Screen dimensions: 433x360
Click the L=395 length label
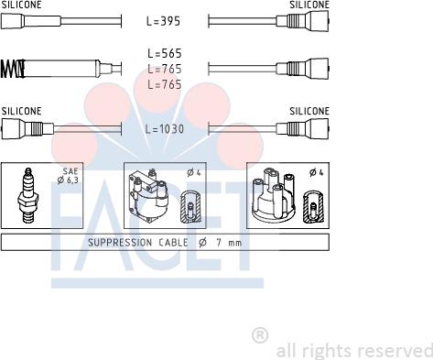click(163, 21)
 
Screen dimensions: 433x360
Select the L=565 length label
click(165, 53)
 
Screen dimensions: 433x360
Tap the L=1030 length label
click(165, 129)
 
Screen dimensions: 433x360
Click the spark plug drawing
click(28, 196)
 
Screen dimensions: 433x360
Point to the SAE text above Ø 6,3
click(70, 171)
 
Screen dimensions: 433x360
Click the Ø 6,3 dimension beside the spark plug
click(68, 180)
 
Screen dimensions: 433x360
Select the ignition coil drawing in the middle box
click(148, 195)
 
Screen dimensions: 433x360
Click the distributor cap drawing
click(274, 195)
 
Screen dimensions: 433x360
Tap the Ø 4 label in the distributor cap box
click(316, 172)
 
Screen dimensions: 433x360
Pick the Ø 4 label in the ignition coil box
click(194, 172)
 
